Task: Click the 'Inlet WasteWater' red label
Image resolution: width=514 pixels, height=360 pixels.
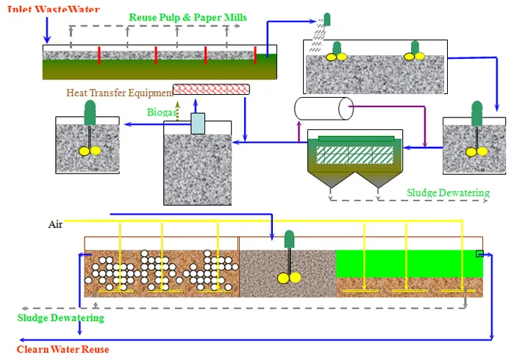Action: click(x=54, y=9)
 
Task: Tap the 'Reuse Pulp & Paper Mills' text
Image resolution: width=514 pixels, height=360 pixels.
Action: click(x=188, y=18)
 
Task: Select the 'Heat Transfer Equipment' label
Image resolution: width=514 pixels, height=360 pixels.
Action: click(x=120, y=93)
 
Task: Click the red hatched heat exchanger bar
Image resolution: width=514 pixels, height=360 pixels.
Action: click(x=211, y=90)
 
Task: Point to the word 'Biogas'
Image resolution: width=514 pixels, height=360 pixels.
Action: click(x=162, y=112)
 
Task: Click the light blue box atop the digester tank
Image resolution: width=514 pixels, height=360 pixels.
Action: click(x=198, y=123)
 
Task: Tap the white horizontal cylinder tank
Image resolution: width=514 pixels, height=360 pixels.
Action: click(x=324, y=109)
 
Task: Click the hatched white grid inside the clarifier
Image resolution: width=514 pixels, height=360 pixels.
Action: click(x=354, y=155)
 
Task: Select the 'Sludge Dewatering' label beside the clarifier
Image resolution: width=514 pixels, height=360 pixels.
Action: click(x=448, y=192)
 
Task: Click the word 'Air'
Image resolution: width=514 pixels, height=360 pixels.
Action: click(x=55, y=224)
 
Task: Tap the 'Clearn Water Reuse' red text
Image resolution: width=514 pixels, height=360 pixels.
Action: click(x=63, y=349)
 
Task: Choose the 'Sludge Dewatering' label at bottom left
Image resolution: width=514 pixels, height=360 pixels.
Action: click(x=60, y=317)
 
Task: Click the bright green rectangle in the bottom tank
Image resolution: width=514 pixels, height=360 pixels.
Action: click(x=410, y=264)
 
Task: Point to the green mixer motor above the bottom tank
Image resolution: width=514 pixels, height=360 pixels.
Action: click(x=290, y=239)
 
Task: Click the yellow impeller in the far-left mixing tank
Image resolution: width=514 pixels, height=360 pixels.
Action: click(x=90, y=151)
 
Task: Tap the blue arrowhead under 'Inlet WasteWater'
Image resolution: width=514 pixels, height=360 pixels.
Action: click(x=47, y=40)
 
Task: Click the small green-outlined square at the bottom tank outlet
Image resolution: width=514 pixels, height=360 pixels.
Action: click(x=479, y=253)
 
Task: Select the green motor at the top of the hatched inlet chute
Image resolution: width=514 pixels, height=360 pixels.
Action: click(x=326, y=19)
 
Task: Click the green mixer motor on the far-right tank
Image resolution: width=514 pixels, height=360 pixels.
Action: click(x=477, y=113)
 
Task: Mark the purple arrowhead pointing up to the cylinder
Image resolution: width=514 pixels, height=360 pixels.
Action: click(x=299, y=124)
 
